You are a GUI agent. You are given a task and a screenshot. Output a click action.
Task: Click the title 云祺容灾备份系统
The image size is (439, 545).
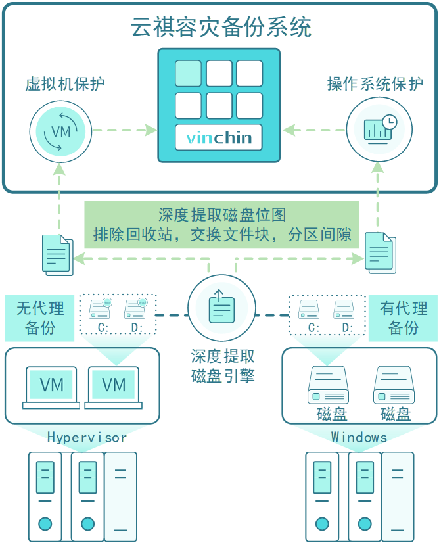coord(219,28)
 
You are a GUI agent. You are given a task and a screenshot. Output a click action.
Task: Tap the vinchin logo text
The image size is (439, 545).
coord(219,138)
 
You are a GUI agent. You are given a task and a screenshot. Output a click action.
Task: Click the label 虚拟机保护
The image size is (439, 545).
coord(64,84)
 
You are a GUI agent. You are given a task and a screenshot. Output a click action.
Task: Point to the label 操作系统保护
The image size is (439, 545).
coord(375,84)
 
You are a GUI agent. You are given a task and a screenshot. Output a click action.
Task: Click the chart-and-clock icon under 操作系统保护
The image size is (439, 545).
coord(379,130)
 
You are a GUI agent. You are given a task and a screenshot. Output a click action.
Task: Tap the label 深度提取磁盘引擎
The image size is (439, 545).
coord(222,366)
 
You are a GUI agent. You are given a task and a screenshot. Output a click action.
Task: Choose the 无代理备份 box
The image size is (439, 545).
coord(40,318)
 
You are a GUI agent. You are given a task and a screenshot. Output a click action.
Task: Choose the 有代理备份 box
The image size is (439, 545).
coord(403,318)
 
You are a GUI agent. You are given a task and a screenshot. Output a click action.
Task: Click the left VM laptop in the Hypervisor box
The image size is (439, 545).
coord(51,387)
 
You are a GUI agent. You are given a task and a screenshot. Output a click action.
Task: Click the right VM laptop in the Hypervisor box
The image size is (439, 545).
coord(113,387)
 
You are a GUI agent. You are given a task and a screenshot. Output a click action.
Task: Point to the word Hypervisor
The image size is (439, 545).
coord(86,437)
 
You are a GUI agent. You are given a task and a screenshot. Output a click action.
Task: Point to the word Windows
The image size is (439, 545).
coord(359,437)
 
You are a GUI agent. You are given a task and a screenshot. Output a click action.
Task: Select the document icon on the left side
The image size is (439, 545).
coord(57,254)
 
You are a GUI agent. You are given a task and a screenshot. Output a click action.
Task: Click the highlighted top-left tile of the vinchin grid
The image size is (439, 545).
coord(188,74)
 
